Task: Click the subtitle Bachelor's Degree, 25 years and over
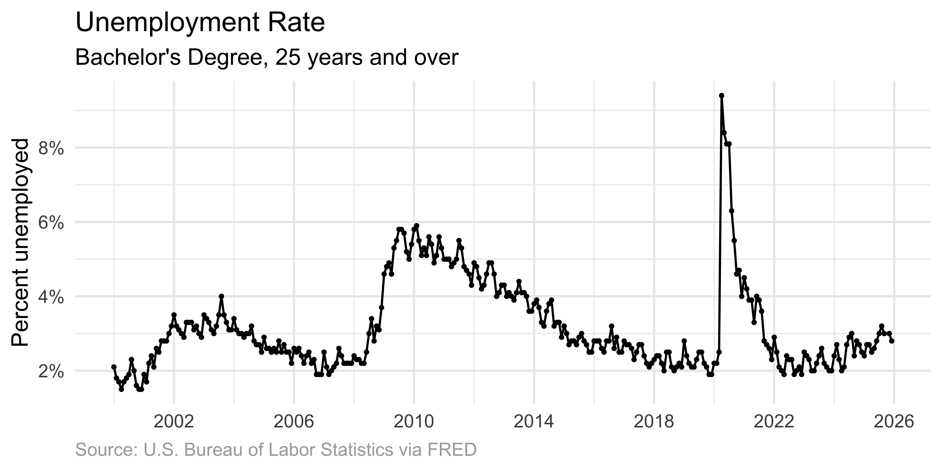[x=267, y=58]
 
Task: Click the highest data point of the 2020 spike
[x=722, y=96]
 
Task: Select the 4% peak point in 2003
[x=221, y=296]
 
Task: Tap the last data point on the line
[x=892, y=341]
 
